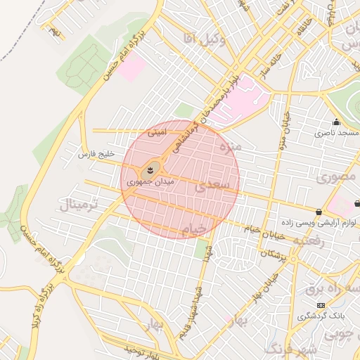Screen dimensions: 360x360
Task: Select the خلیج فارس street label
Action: pyautogui.click(x=96, y=153)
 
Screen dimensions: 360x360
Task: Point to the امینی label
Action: pyautogui.click(x=155, y=131)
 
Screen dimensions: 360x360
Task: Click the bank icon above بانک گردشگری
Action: pyautogui.click(x=321, y=305)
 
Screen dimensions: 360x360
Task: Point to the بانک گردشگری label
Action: pyautogui.click(x=320, y=316)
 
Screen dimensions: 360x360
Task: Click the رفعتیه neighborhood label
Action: pyautogui.click(x=309, y=241)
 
